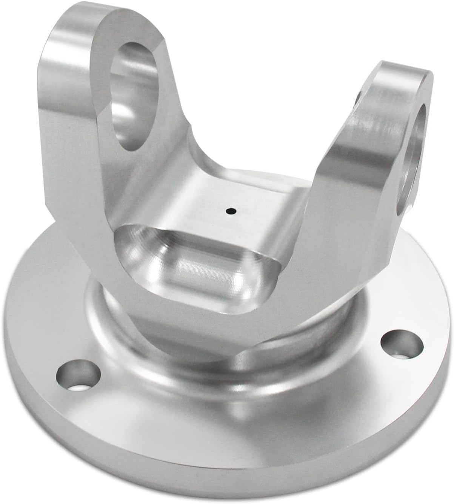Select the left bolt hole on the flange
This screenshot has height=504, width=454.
78,375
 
